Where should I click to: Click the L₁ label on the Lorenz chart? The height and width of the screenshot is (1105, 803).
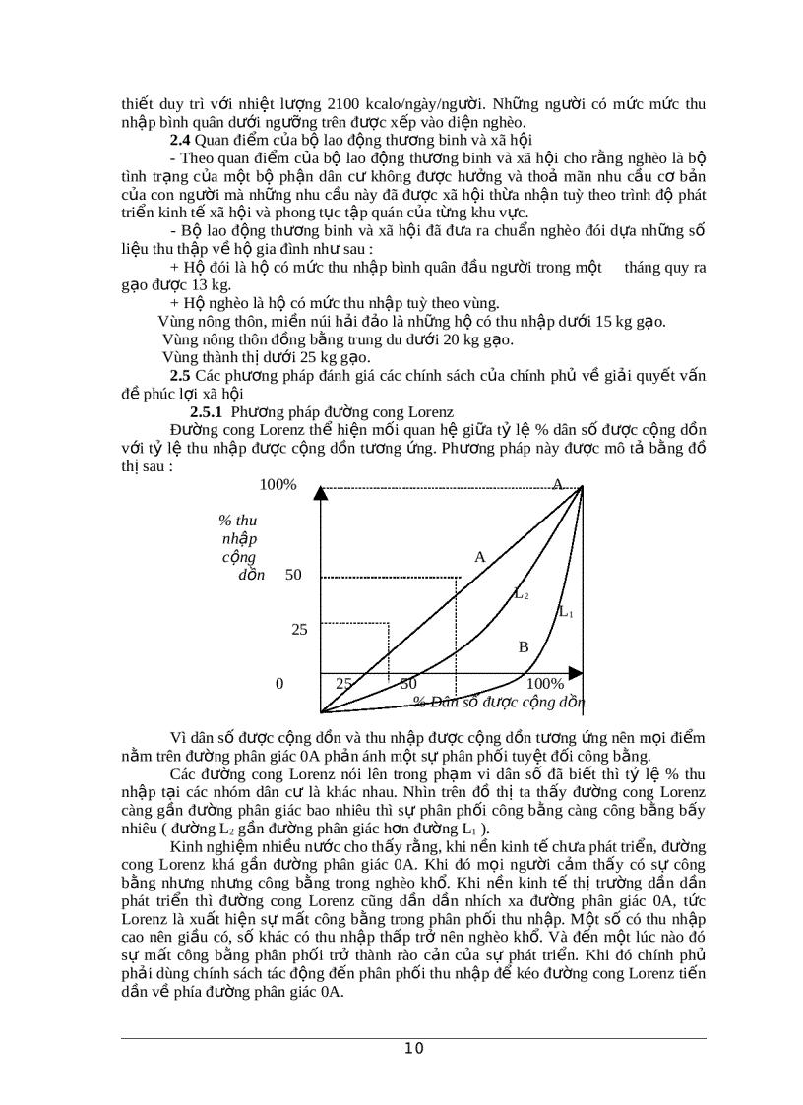[x=566, y=612]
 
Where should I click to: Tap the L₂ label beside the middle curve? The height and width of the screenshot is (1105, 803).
[x=523, y=593]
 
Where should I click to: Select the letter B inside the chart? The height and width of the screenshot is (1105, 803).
[x=524, y=646]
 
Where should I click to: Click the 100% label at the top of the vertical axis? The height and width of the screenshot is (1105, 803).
[x=278, y=484]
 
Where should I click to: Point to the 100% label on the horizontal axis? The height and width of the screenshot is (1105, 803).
[x=545, y=683]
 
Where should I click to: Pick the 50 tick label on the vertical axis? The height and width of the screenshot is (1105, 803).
[x=293, y=575]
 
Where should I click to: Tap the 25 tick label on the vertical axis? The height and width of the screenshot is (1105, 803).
[x=299, y=629]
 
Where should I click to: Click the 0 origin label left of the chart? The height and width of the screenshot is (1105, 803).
[x=279, y=683]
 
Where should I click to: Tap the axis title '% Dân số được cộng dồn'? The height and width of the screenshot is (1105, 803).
[x=498, y=702]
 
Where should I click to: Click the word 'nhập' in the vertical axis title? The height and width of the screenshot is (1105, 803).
[x=239, y=538]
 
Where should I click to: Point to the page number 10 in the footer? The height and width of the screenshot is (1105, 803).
[x=414, y=1048]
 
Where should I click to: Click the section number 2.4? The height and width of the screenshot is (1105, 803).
[x=180, y=139]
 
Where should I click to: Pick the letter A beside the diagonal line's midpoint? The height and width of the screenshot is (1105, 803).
[x=480, y=556]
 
